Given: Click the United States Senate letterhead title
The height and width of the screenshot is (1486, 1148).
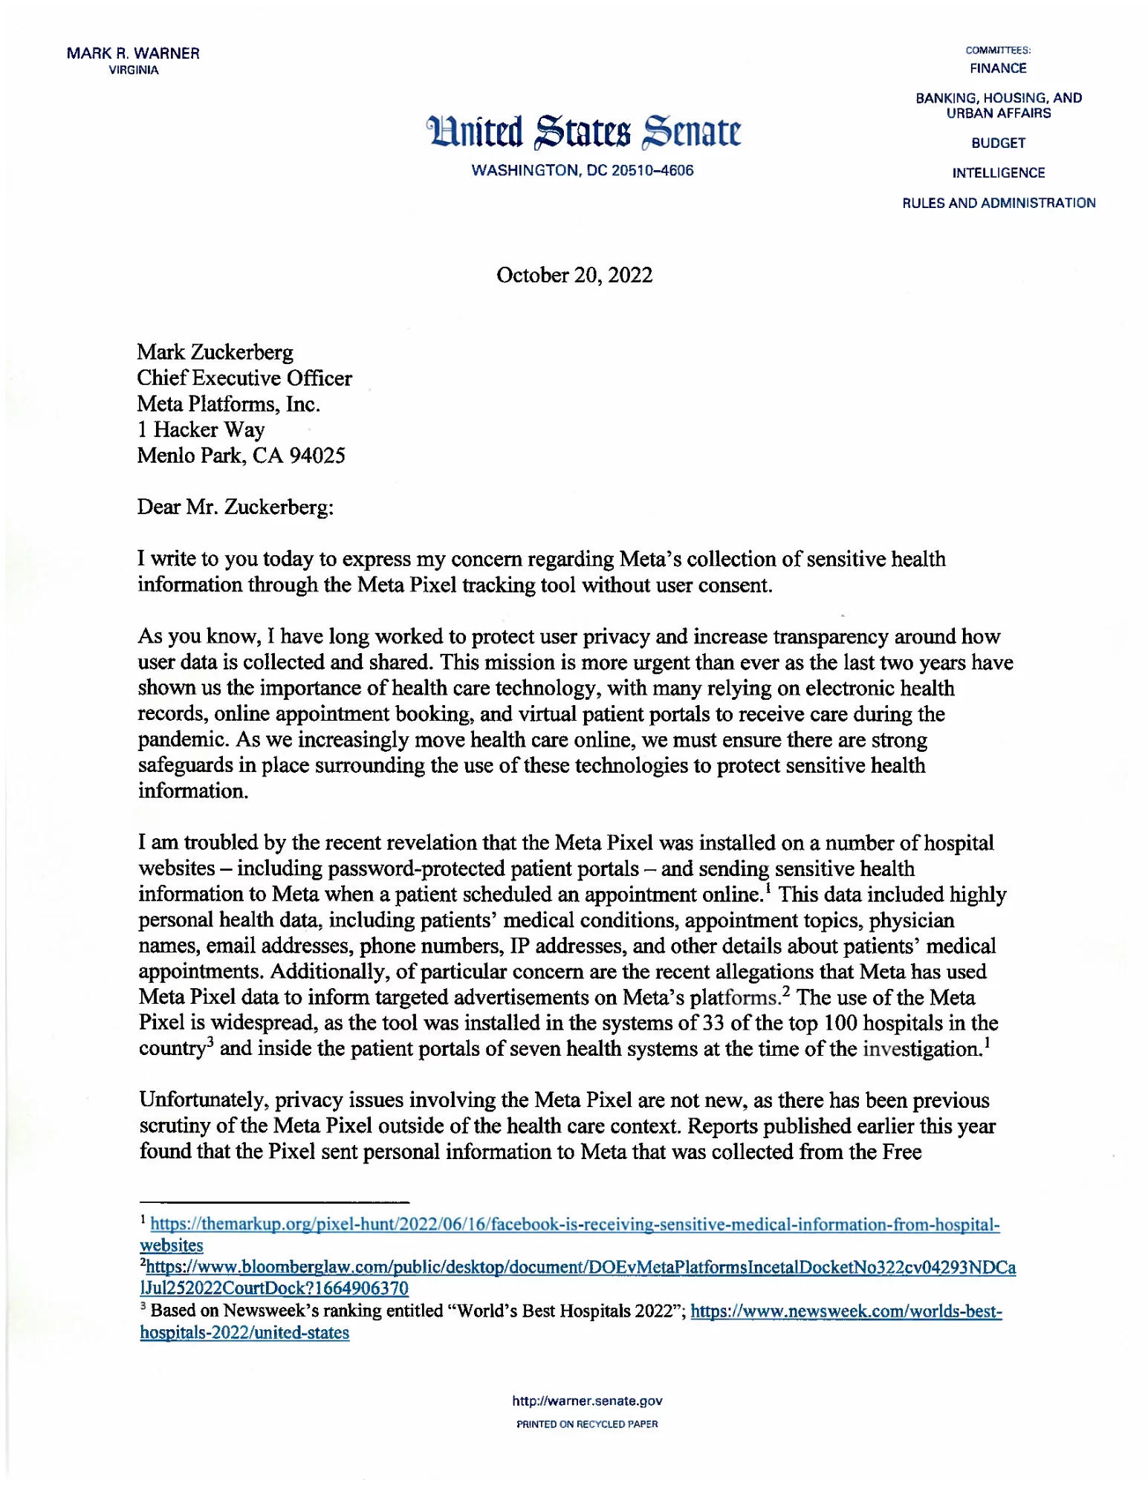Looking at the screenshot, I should click(583, 132).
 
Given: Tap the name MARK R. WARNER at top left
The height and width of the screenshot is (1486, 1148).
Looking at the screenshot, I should click(133, 53).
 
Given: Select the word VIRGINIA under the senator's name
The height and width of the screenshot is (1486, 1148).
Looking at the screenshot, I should click(134, 71).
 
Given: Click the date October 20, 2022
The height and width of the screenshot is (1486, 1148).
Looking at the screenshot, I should click(574, 276).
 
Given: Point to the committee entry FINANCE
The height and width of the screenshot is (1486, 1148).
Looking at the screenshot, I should click(998, 68).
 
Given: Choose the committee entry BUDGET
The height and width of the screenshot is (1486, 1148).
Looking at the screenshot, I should click(998, 143).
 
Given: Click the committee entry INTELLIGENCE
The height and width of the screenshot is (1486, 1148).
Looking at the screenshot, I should click(998, 173).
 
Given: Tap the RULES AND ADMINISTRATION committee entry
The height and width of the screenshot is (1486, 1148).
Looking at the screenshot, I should click(998, 203).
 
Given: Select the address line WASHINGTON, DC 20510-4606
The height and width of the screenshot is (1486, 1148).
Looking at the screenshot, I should click(583, 171).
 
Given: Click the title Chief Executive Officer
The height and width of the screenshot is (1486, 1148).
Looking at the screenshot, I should click(244, 378).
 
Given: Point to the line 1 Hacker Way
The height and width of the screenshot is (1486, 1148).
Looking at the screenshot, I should click(201, 430).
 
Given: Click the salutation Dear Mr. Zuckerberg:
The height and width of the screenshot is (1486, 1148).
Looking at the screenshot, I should click(236, 507).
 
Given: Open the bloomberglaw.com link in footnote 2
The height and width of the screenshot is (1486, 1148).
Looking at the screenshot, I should click(580, 1268).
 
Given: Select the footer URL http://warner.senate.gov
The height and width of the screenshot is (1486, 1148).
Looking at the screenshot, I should click(587, 1401).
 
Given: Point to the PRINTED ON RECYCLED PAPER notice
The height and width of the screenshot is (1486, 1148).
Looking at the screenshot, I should click(587, 1424).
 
